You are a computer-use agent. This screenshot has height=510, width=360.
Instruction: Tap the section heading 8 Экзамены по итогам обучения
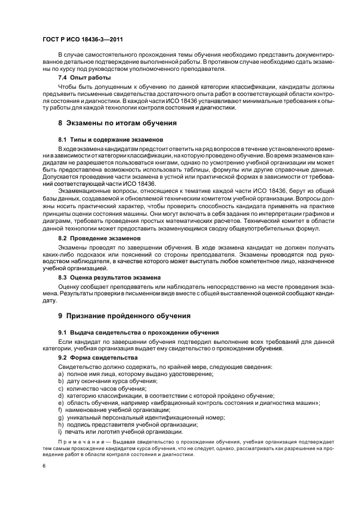(x=117, y=123)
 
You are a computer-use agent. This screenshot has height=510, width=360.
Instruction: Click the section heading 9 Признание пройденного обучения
(x=124, y=315)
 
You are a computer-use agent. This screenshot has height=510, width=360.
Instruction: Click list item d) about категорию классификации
(x=166, y=396)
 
